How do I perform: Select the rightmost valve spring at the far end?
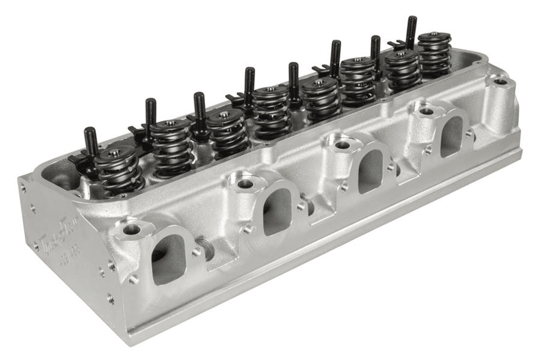point(434,54)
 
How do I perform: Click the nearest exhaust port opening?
point(168,258)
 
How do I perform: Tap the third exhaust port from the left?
point(370,170)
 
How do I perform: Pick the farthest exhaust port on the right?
point(451,136)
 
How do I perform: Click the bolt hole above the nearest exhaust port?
point(132,229)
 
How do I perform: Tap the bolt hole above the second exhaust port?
point(244,183)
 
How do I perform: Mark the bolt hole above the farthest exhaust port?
point(426,111)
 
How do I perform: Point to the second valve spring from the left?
point(172,145)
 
